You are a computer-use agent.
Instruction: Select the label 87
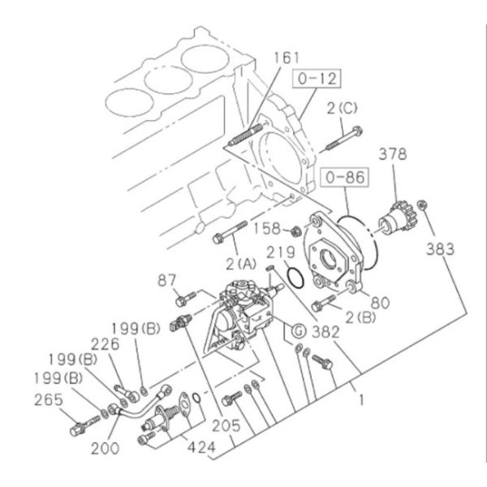(166, 279)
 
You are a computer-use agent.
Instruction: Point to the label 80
(381, 303)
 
